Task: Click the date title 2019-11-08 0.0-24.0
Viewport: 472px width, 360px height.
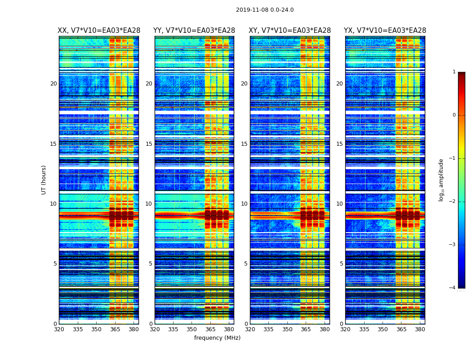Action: point(265,10)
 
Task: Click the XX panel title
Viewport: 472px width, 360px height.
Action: point(99,31)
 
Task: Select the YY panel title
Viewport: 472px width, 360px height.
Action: point(194,31)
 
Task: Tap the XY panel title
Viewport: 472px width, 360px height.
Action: point(289,31)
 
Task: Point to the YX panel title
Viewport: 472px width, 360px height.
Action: point(385,31)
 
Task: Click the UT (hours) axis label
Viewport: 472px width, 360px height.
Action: point(44,180)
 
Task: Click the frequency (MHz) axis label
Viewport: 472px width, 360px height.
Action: point(217,338)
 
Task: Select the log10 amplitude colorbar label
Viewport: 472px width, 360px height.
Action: point(441,180)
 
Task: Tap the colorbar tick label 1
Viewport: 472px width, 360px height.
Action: point(454,72)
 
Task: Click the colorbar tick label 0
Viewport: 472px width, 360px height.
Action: point(454,115)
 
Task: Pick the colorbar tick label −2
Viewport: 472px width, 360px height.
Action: point(452,202)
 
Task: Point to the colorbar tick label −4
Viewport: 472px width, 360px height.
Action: point(452,288)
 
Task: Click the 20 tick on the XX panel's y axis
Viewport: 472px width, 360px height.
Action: point(53,84)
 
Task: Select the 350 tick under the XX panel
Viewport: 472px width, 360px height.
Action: point(97,329)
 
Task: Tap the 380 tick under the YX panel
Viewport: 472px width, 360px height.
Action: point(420,329)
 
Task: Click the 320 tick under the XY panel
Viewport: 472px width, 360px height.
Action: point(250,329)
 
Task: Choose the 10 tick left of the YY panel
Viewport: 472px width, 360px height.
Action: point(149,204)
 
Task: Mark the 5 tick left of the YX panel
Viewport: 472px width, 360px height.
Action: point(341,264)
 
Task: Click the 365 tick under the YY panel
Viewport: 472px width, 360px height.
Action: point(210,329)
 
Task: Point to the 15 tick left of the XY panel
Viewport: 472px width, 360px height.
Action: point(244,144)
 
